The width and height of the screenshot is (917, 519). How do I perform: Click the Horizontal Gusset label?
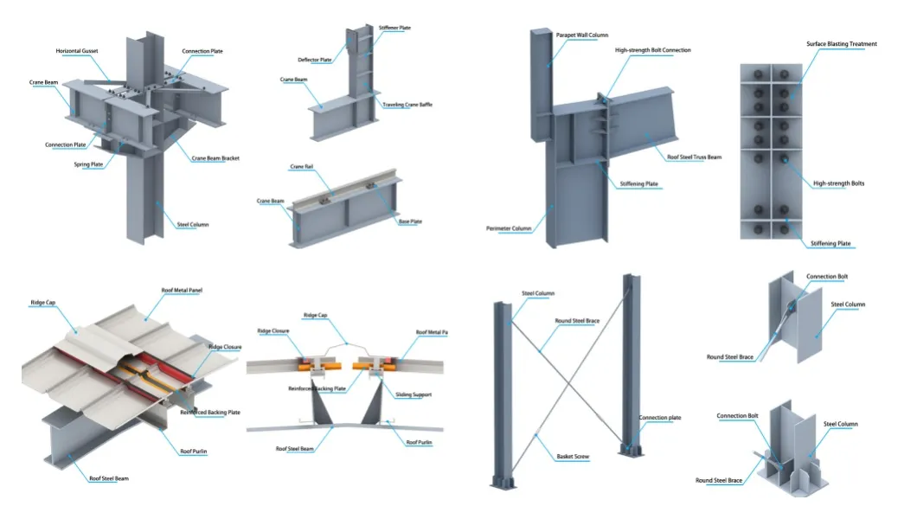[77, 51]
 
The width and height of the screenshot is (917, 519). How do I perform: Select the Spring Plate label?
[88, 164]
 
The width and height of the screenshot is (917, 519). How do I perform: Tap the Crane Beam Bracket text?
[215, 158]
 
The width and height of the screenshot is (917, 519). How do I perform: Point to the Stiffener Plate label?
[394, 28]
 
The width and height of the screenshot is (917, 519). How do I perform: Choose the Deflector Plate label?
[315, 60]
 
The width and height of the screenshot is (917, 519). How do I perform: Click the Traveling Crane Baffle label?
[407, 105]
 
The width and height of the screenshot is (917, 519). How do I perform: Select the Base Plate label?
[410, 221]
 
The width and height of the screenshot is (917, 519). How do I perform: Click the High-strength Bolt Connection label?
[653, 50]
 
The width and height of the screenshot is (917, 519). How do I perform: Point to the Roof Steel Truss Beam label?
[694, 157]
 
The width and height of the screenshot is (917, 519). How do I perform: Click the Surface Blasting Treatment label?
[842, 44]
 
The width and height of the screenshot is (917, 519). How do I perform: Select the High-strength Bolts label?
[838, 183]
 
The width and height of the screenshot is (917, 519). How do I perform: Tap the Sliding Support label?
[415, 394]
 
